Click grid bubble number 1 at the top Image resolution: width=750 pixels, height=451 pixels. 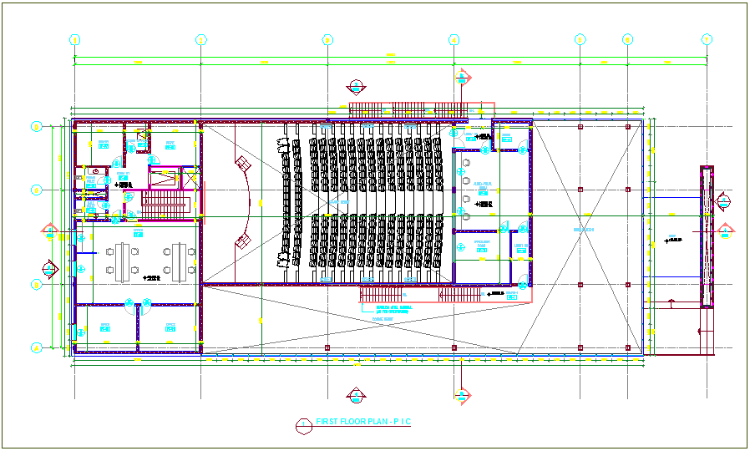pos(74,39)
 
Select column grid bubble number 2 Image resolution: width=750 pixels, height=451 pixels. pos(200,39)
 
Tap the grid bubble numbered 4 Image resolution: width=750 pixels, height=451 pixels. pos(454,39)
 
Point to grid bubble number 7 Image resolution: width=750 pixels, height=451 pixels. pos(707,39)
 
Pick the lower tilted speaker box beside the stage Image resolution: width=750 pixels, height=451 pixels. pos(243,241)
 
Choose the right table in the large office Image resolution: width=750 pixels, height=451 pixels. pos(179,258)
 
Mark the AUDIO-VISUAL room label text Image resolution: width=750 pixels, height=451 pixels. pos(483,185)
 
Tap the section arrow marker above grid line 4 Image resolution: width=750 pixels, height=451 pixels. pos(461,78)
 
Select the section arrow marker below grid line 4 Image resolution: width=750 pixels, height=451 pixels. pos(461,394)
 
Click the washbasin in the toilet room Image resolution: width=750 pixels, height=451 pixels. pos(98,180)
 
